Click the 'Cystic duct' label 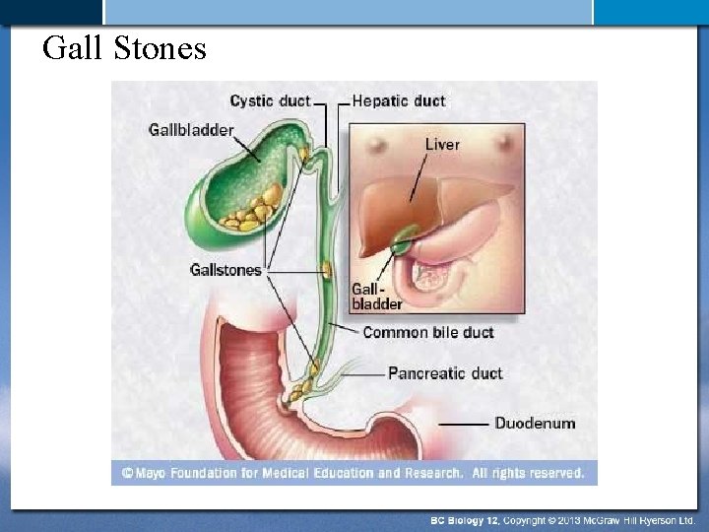tap(270, 100)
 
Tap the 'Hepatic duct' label tap(399, 100)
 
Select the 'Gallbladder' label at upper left tap(191, 129)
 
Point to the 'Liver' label tap(442, 144)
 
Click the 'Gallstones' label tap(226, 269)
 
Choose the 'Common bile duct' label tap(428, 332)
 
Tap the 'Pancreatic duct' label tap(445, 373)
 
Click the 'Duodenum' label tap(535, 423)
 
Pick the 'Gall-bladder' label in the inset tap(377, 297)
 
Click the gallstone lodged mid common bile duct tap(326, 268)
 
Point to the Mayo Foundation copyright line tap(354, 473)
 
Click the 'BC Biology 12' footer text tap(464, 519)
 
